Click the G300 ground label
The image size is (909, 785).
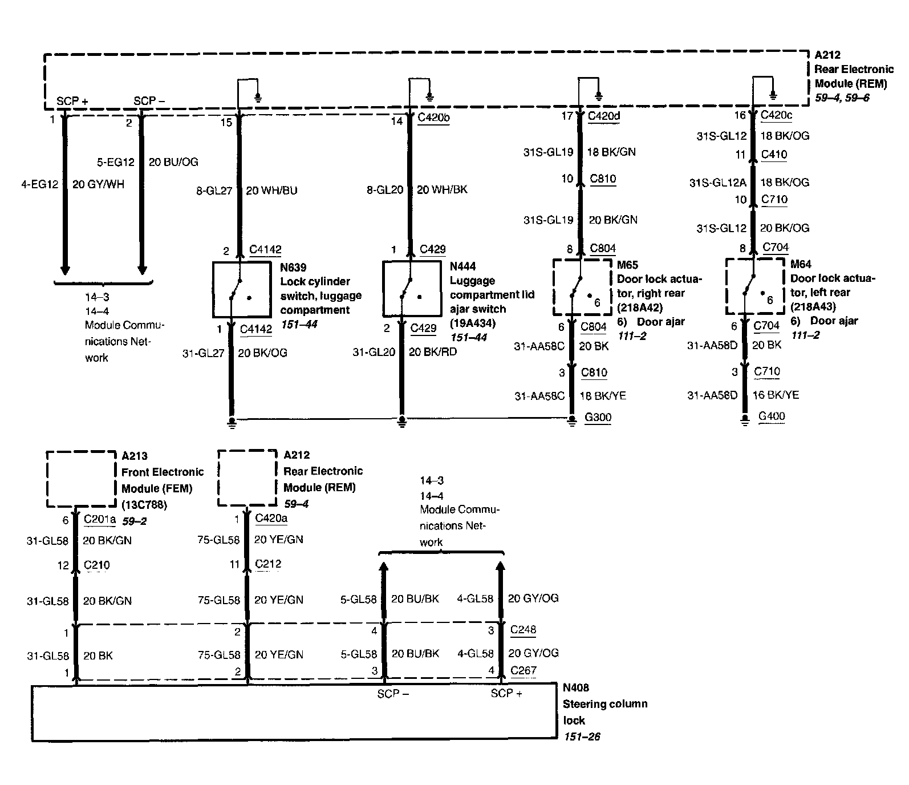[x=598, y=417]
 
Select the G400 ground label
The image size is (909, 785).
[x=771, y=416]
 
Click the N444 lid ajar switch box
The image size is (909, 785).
[x=411, y=289]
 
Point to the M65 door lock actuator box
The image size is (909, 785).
[x=582, y=287]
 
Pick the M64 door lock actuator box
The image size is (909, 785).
[x=754, y=286]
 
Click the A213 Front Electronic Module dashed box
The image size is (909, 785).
[x=80, y=479]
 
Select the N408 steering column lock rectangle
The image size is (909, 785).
[x=294, y=713]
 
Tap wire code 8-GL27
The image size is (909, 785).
[x=214, y=191]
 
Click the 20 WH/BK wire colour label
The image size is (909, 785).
[x=442, y=189]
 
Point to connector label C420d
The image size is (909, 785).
[x=607, y=116]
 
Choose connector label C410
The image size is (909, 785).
[x=774, y=155]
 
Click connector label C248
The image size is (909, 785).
[x=523, y=629]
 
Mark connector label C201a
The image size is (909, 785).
[x=100, y=519]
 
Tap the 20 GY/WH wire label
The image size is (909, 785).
[x=98, y=184]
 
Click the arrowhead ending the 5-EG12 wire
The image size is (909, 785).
[x=142, y=269]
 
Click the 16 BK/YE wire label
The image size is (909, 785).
[x=776, y=395]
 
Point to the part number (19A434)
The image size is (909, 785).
[x=472, y=323]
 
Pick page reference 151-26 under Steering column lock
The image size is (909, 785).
[x=582, y=737]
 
